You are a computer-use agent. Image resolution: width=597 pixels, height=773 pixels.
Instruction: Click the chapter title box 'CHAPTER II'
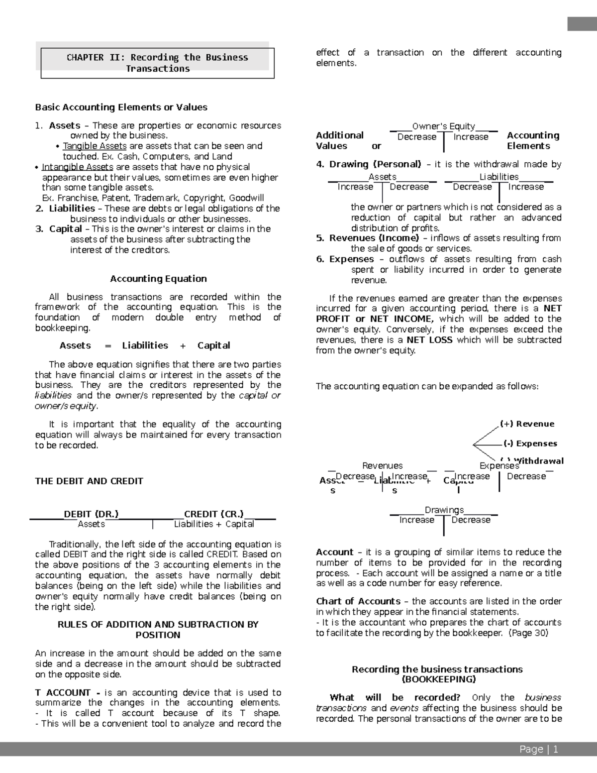157,63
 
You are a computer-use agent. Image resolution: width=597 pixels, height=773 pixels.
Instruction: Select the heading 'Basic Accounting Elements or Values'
121,107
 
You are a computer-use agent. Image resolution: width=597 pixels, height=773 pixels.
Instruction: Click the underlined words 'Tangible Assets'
95,146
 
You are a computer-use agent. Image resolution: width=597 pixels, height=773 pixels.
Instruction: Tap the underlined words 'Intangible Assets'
78,167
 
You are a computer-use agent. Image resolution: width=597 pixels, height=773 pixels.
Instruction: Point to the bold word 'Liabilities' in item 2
72,208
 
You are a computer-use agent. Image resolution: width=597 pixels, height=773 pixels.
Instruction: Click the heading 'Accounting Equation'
158,278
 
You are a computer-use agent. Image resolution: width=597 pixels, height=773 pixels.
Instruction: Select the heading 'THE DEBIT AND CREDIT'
89,481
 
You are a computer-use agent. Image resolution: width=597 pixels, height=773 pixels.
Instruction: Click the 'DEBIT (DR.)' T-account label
91,514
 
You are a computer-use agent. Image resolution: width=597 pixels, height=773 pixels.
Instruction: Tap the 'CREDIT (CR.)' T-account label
214,514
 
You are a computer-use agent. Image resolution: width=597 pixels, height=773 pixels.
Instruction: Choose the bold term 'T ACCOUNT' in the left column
63,692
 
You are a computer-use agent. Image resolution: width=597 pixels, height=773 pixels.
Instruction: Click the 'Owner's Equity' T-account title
443,126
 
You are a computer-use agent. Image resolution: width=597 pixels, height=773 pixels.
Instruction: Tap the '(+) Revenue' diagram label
527,424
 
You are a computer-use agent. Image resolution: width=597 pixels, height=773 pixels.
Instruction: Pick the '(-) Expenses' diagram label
530,443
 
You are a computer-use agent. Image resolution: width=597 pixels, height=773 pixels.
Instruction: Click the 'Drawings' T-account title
444,510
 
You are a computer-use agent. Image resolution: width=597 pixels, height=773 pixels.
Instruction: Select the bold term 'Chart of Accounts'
358,601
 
